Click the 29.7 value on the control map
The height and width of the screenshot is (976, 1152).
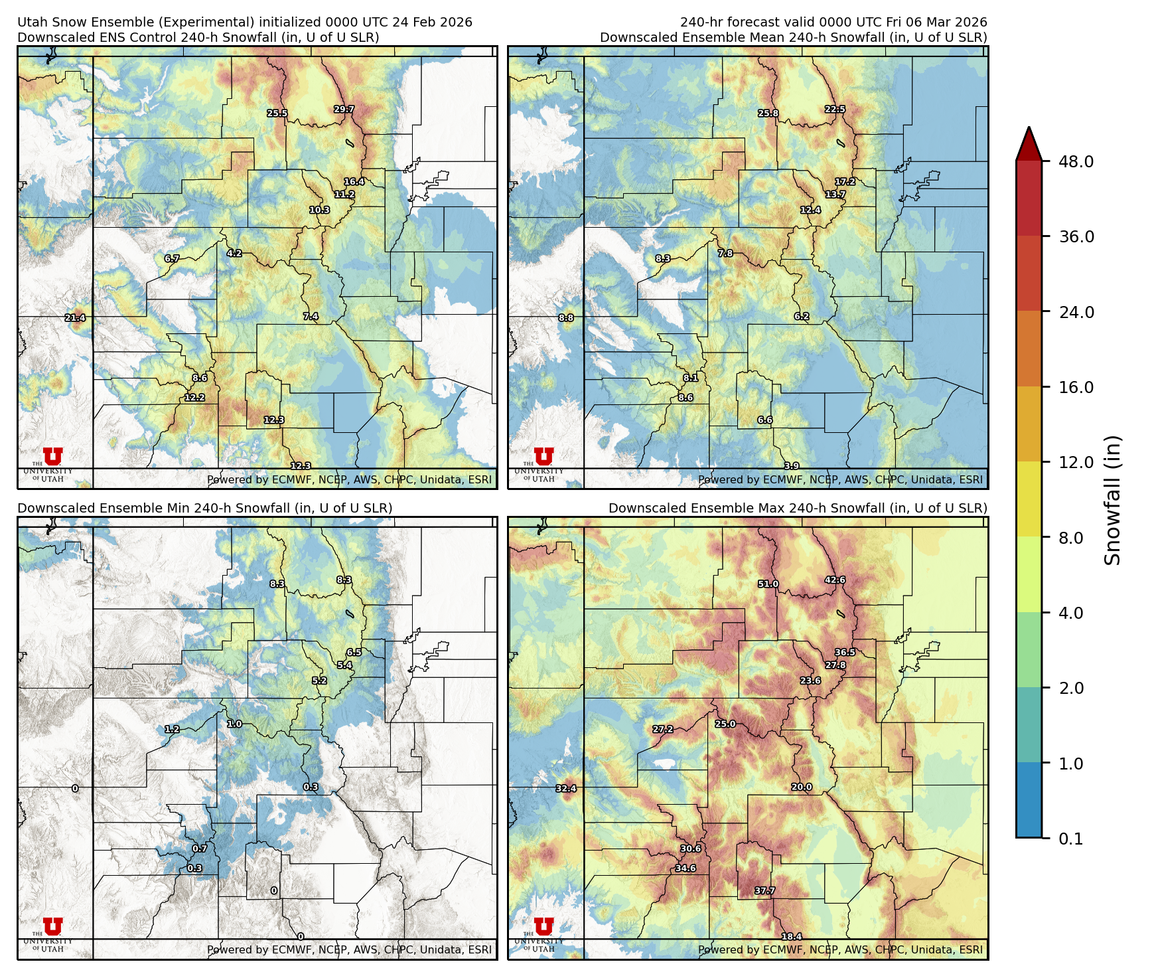[x=344, y=110]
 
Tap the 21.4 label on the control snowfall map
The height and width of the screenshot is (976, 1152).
[x=75, y=318]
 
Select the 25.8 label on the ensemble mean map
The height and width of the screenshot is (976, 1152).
[x=768, y=114]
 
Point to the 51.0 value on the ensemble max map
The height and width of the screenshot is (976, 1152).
[x=768, y=584]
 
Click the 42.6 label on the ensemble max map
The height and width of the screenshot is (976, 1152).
[x=835, y=580]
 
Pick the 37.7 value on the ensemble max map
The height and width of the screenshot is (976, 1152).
[x=765, y=891]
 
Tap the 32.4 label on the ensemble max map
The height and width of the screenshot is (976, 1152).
[x=566, y=789]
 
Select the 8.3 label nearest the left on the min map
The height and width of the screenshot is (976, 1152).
[x=277, y=584]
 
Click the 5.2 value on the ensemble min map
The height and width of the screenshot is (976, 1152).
[x=319, y=681]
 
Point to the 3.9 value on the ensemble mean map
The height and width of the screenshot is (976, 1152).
[x=792, y=466]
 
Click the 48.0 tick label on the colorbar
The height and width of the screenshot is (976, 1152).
[x=1076, y=161]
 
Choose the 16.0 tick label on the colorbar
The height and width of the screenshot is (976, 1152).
[x=1076, y=387]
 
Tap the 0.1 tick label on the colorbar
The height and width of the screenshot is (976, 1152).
[x=1070, y=839]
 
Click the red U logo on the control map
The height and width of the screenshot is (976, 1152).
[x=53, y=456]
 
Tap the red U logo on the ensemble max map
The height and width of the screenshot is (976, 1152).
[x=543, y=926]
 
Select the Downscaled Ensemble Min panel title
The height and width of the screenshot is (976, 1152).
[x=204, y=508]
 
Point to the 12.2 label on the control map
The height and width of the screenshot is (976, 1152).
[x=194, y=398]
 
